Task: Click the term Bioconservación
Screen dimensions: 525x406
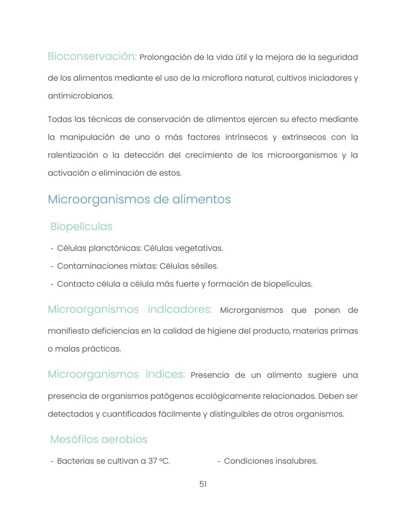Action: (x=92, y=56)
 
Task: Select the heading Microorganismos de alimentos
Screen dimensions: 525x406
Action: (x=139, y=199)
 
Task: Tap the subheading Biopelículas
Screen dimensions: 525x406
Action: (x=81, y=227)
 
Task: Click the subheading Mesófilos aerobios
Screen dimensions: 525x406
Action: (x=99, y=439)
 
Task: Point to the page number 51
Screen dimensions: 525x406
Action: (x=203, y=484)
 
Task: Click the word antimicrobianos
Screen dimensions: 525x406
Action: (x=80, y=96)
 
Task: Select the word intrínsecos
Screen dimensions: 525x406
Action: (x=246, y=137)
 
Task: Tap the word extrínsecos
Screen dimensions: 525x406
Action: (x=304, y=137)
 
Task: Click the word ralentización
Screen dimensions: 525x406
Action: (x=73, y=155)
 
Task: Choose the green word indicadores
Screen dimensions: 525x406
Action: (x=180, y=309)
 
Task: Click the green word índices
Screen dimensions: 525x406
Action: (x=165, y=374)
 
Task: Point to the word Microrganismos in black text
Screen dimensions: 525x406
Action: (x=251, y=310)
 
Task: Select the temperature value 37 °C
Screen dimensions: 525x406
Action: (x=159, y=461)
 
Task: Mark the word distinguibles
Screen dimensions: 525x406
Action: (x=234, y=414)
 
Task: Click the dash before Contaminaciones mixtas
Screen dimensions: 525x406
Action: (x=52, y=266)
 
